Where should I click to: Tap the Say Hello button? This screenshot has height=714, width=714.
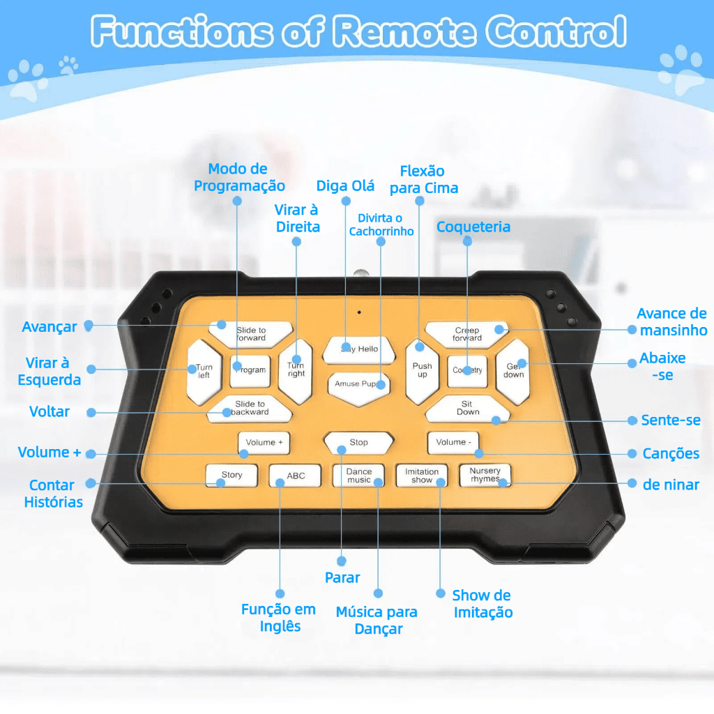point(358,349)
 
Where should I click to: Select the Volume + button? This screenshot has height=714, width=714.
point(264,443)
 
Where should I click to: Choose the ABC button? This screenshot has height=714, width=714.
point(296,476)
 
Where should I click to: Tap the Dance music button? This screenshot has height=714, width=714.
point(359,476)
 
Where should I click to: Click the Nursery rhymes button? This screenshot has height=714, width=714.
point(485,475)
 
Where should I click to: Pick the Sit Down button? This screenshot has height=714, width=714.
point(468,408)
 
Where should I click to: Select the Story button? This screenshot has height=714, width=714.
point(231,476)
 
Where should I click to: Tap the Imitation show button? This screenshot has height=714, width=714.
point(422,476)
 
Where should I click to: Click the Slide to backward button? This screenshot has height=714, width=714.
point(250,408)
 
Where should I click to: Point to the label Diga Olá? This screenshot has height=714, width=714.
point(345,186)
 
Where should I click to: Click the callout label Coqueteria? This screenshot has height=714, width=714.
point(473,227)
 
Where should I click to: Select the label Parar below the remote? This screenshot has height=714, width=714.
point(342,577)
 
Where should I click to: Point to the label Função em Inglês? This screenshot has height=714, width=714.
point(278,618)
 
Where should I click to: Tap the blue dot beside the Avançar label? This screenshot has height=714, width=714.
point(89,326)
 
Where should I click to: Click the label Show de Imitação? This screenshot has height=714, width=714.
point(482,604)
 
